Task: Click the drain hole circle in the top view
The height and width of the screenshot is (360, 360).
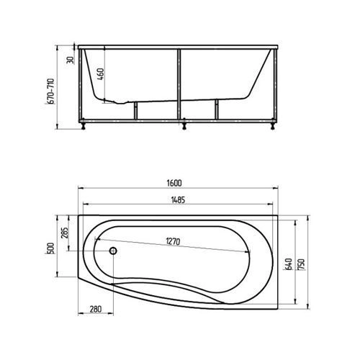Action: point(113,252)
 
